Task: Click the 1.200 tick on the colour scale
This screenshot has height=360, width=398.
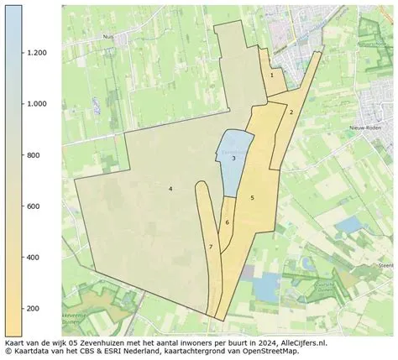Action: (x=35, y=53)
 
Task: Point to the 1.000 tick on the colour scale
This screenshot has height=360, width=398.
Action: (x=35, y=104)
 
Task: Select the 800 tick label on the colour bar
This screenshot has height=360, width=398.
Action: (x=33, y=155)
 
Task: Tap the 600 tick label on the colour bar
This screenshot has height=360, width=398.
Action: (x=33, y=206)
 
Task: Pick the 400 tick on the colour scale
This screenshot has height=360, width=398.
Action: (x=33, y=258)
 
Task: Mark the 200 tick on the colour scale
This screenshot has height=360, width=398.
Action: (x=33, y=309)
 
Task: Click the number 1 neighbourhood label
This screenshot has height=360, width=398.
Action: (x=271, y=75)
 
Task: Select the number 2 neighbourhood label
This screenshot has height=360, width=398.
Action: (x=291, y=112)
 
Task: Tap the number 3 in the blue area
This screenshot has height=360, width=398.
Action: (x=233, y=159)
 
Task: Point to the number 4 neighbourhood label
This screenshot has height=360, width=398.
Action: (x=170, y=189)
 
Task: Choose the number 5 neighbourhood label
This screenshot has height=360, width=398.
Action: (x=252, y=197)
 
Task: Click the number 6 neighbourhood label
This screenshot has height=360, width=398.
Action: (x=227, y=222)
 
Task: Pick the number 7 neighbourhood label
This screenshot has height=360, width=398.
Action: (x=211, y=247)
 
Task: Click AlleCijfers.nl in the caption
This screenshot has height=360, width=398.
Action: (x=301, y=343)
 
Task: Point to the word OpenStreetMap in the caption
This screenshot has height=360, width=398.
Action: (x=270, y=352)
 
